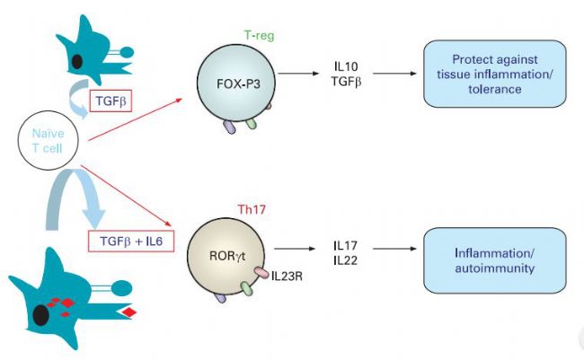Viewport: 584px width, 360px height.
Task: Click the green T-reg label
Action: pyautogui.click(x=260, y=36)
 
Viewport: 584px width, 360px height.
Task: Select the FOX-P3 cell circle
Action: pyautogui.click(x=235, y=83)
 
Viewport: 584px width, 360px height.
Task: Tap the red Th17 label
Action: pyautogui.click(x=252, y=209)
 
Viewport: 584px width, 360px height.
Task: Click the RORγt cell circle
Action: pyautogui.click(x=226, y=256)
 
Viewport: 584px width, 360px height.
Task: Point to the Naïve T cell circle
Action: pyautogui.click(x=48, y=140)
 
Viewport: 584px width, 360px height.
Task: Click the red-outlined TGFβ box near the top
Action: pyautogui.click(x=111, y=101)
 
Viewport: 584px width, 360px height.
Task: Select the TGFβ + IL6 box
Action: pyautogui.click(x=131, y=241)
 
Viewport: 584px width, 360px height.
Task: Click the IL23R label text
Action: pyautogui.click(x=287, y=277)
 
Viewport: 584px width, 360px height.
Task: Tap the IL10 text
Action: pyautogui.click(x=346, y=66)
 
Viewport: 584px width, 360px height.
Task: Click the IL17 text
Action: pyautogui.click(x=345, y=246)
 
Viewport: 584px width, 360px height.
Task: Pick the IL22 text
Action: pyautogui.click(x=345, y=260)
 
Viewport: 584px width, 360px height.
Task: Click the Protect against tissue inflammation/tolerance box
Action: pyautogui.click(x=495, y=75)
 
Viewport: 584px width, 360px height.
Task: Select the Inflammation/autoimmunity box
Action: pyautogui.click(x=495, y=260)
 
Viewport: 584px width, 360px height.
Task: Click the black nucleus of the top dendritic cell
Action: pyautogui.click(x=76, y=61)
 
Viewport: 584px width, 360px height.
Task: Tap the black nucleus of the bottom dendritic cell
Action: pyautogui.click(x=40, y=315)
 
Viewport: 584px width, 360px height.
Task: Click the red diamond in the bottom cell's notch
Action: pyautogui.click(x=128, y=312)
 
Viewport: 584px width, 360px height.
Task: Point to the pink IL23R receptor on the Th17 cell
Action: pyautogui.click(x=261, y=273)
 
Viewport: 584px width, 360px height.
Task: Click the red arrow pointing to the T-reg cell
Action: pyautogui.click(x=135, y=119)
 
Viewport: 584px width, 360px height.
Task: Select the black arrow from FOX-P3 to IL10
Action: pyautogui.click(x=298, y=74)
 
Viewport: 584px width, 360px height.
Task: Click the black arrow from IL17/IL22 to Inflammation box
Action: pyautogui.click(x=394, y=249)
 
